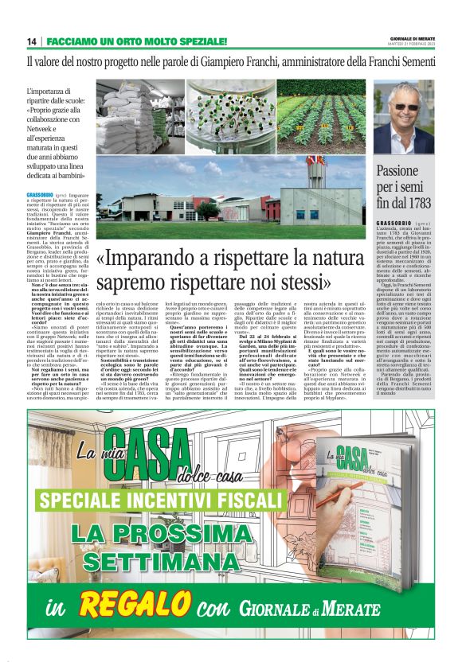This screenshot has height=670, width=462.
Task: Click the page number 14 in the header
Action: coord(32,41)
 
